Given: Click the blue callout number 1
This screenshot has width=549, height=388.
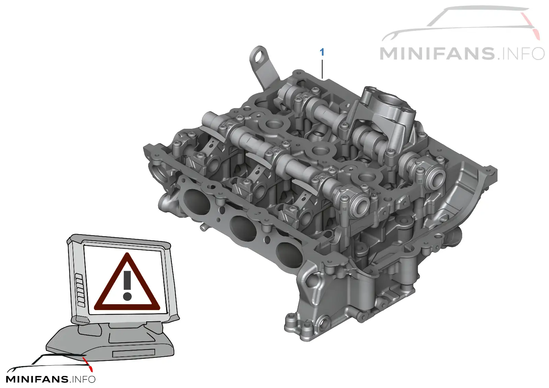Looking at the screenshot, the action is tap(322, 52).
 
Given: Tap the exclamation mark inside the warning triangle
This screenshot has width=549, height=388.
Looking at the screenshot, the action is tap(127, 285).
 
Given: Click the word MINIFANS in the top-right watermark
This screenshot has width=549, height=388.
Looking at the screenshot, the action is tap(437, 54).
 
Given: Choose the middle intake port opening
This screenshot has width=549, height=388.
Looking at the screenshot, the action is tap(243, 227).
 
